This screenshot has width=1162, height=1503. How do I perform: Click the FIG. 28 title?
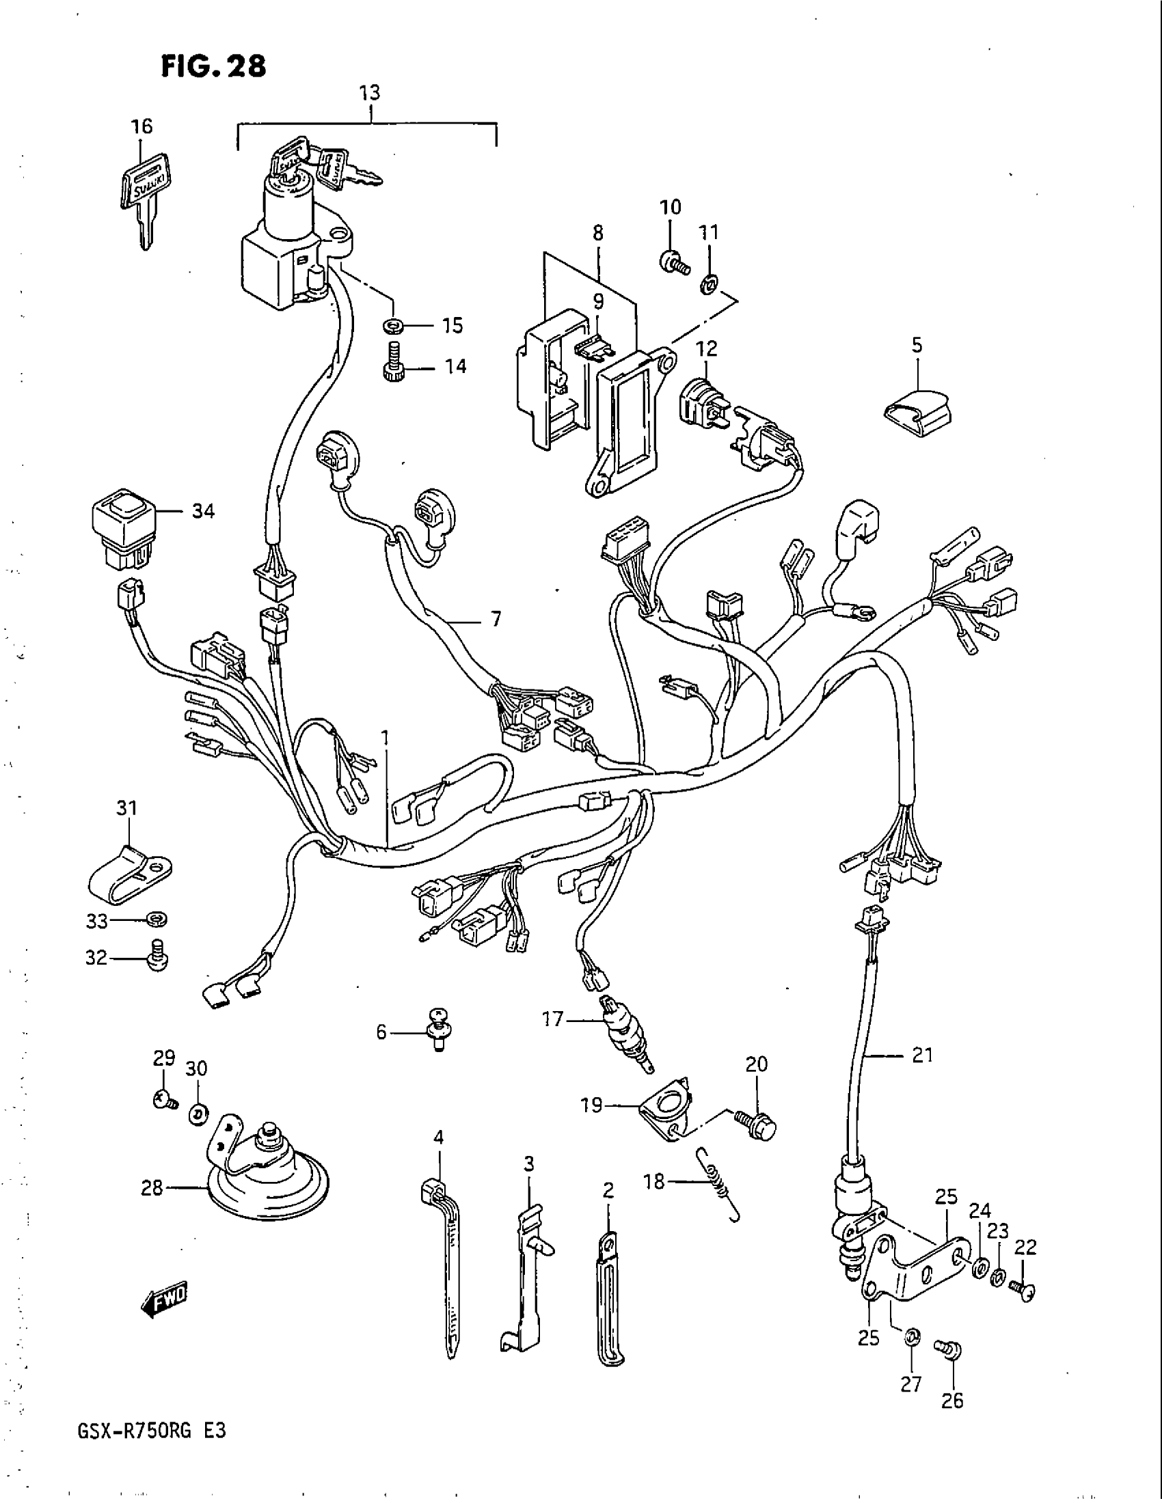click(213, 68)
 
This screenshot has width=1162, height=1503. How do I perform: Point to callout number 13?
click(370, 93)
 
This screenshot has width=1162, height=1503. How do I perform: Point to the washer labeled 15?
click(393, 324)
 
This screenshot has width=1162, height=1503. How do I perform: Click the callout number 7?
click(496, 620)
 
